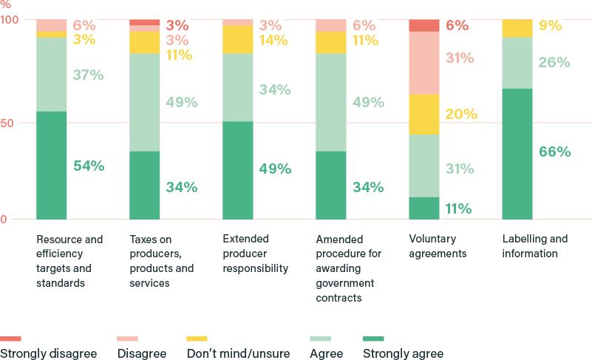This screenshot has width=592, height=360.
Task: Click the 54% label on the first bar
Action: tap(89, 166)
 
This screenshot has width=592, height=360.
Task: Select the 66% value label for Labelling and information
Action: tap(554, 152)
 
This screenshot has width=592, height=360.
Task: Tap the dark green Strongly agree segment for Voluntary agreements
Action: tap(424, 208)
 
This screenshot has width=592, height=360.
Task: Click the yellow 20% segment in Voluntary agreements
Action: tap(424, 114)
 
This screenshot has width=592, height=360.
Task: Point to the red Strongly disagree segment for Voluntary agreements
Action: tap(424, 26)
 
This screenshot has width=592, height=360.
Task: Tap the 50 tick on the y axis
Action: tap(7, 123)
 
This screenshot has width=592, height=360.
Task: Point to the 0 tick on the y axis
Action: tap(4, 220)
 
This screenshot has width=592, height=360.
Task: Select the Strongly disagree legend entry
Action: tap(48, 353)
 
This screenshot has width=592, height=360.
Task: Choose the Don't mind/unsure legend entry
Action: tap(238, 353)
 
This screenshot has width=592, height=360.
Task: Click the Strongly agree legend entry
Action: tap(403, 353)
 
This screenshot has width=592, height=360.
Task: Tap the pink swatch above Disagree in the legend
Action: tap(128, 339)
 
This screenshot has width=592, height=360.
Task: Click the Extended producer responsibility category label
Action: tap(255, 254)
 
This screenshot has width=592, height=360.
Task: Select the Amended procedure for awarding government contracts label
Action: tap(349, 268)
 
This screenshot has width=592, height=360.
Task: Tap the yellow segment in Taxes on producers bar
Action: tap(145, 42)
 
